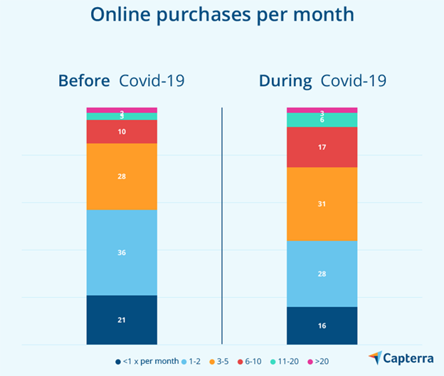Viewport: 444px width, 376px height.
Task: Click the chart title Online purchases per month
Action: tap(222, 15)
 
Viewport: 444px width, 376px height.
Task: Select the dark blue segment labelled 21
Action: tap(122, 320)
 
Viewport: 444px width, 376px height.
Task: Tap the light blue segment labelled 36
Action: tap(122, 252)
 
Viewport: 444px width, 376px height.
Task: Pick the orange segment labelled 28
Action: tap(122, 176)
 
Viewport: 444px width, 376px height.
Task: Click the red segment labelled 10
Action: tap(122, 131)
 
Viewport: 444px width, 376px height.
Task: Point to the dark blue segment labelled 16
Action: tap(322, 326)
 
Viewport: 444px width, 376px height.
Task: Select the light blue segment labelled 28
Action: tap(322, 274)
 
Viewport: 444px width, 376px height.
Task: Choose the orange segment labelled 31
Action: tap(322, 204)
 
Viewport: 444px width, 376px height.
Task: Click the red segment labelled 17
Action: tap(322, 147)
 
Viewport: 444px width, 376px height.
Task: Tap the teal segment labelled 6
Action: tap(322, 120)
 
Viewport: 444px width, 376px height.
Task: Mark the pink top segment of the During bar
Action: tap(322, 110)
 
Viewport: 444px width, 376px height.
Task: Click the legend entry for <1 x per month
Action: tap(149, 362)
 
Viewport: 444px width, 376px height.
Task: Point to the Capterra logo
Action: tap(400, 357)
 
